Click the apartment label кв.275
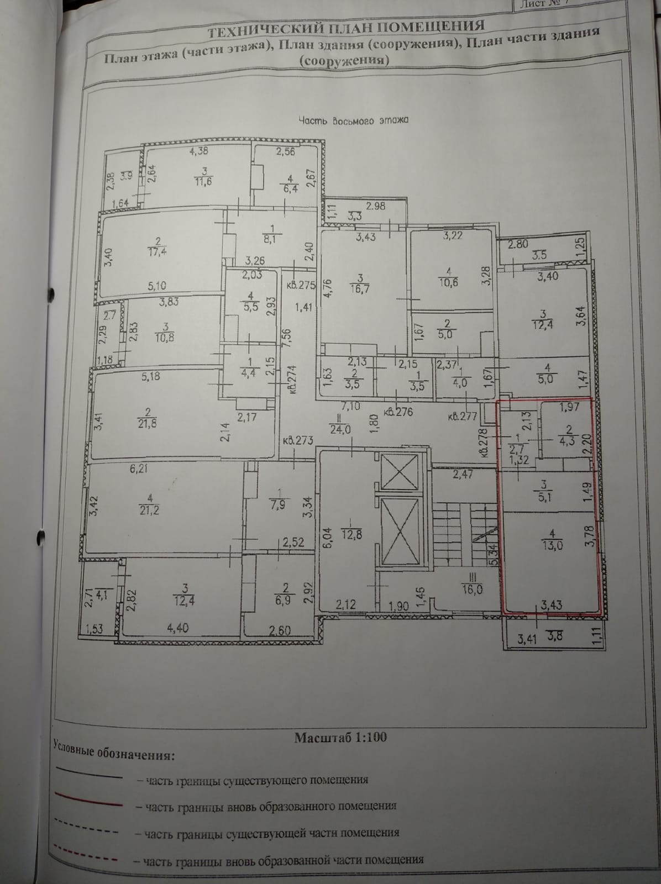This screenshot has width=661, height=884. [x=300, y=286]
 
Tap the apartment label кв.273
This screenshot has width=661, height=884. [x=298, y=441]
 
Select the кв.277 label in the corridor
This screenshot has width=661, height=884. [x=463, y=417]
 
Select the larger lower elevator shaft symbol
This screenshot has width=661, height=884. [x=398, y=530]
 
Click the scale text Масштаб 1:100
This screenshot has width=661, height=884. [x=340, y=737]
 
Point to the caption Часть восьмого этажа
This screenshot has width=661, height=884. [x=353, y=120]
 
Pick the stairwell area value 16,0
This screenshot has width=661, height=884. [x=472, y=590]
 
